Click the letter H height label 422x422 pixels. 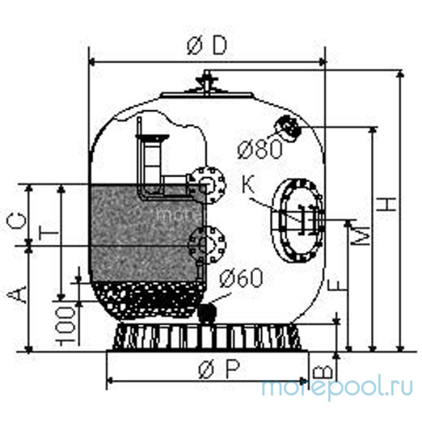coord(388,203)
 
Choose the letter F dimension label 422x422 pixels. coord(338,285)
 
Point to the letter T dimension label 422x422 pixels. coord(47,232)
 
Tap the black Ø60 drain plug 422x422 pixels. coord(208,312)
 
